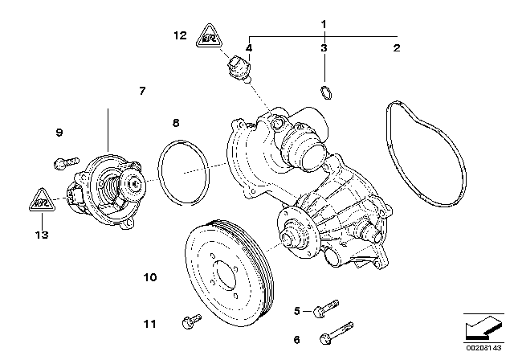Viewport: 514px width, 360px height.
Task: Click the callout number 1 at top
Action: pyautogui.click(x=324, y=24)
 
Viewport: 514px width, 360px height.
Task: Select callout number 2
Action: pyautogui.click(x=396, y=49)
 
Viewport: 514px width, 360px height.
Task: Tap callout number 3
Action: pyautogui.click(x=324, y=49)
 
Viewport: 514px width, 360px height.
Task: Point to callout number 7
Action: pyautogui.click(x=142, y=92)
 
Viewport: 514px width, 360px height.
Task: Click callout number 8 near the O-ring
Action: pyautogui.click(x=176, y=124)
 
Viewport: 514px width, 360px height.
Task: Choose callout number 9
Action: pyautogui.click(x=59, y=132)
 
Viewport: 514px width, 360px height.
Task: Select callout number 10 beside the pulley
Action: pyautogui.click(x=149, y=278)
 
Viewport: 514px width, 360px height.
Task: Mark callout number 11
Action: pyautogui.click(x=149, y=324)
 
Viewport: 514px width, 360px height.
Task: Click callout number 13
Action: pyautogui.click(x=42, y=235)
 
